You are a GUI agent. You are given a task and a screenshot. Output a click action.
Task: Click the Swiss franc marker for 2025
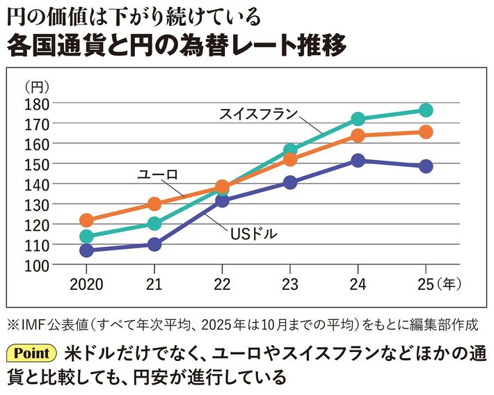[x=426, y=111]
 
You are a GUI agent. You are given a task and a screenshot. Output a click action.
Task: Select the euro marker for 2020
[x=86, y=220]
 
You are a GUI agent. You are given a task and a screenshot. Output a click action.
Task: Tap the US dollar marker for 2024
[x=358, y=161]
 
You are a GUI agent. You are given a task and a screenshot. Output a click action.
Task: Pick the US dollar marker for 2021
[x=154, y=245]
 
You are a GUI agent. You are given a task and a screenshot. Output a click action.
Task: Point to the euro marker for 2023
[x=290, y=160]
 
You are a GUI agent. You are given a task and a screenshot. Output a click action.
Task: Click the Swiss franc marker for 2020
[x=86, y=236]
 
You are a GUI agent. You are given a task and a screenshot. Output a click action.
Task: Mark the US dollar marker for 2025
[x=426, y=166]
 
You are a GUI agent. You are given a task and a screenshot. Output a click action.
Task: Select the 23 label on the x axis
[x=289, y=286]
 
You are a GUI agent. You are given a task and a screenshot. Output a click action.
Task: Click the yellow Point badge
[x=33, y=353]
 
